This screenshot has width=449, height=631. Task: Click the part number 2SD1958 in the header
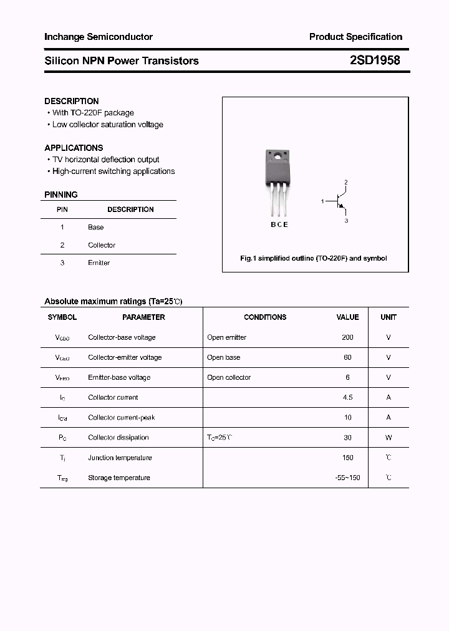point(374,60)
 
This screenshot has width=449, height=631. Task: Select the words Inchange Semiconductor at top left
point(99,37)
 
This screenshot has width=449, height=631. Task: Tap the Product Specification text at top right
point(355,37)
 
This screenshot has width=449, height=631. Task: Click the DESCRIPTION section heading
point(72,101)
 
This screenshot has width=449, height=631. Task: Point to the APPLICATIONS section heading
point(74,148)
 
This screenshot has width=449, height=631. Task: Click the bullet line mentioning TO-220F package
point(93,113)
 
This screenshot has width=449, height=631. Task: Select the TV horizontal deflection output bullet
point(105,160)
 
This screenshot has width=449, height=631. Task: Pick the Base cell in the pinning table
point(95,228)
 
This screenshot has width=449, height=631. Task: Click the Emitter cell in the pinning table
point(99,263)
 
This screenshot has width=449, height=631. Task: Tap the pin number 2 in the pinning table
point(62,245)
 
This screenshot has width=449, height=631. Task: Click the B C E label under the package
point(279,224)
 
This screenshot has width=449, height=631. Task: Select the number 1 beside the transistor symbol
point(322,201)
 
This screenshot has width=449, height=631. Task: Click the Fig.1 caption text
point(314,258)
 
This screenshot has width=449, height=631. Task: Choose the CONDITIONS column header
point(265,317)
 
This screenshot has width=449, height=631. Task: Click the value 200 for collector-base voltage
point(347,337)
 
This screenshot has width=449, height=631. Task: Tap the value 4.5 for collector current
point(347,397)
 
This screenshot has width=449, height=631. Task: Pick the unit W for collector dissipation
point(389,438)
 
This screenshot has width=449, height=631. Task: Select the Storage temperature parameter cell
point(119,478)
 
